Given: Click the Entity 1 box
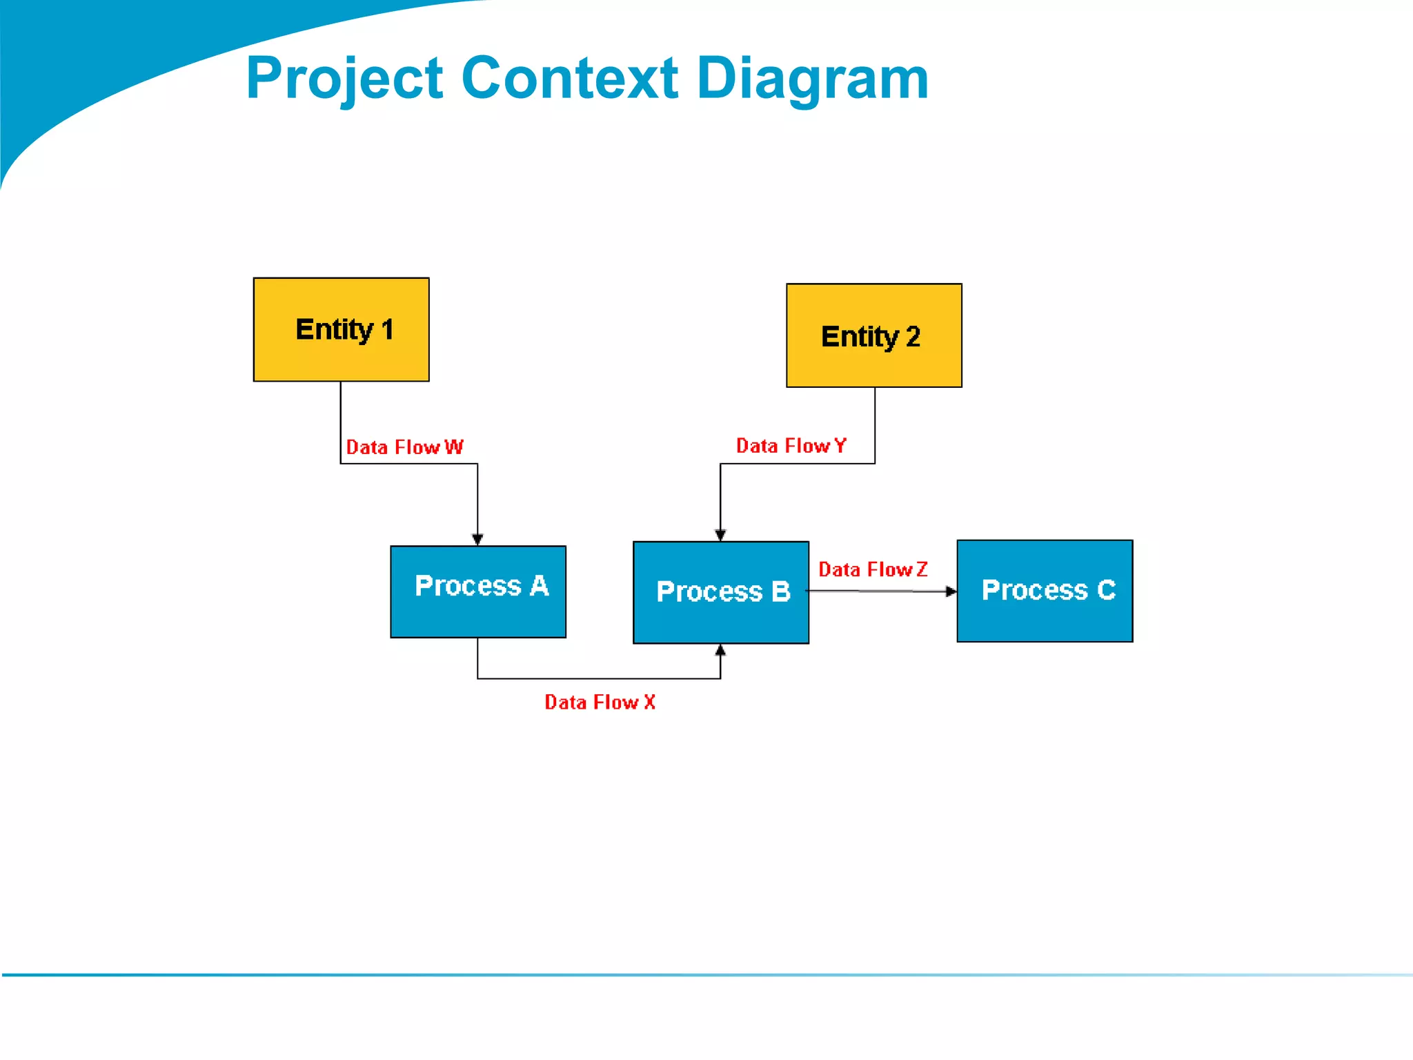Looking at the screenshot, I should click(x=341, y=329).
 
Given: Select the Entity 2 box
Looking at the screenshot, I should click(x=873, y=335).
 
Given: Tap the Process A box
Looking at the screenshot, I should click(x=477, y=591).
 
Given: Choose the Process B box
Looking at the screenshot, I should click(x=720, y=592).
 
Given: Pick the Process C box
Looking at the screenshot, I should click(x=1044, y=591).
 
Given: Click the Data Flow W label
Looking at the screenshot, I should click(x=404, y=447).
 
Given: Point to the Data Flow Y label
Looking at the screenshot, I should click(x=791, y=446).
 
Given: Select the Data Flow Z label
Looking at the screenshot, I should click(x=873, y=569).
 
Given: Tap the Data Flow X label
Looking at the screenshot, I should click(x=600, y=702).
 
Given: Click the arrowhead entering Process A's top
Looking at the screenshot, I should click(x=477, y=539).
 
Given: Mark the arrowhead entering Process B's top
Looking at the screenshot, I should click(x=720, y=535).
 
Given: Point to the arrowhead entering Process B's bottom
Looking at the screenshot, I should click(x=720, y=650).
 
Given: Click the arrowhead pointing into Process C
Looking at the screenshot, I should click(x=951, y=591).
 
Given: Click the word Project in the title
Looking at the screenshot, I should click(x=344, y=78).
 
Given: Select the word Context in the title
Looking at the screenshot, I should click(x=570, y=78).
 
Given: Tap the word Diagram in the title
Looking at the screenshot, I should click(x=813, y=78).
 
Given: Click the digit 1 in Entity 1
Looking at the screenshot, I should click(x=387, y=330).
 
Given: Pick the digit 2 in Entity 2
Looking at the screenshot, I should click(x=913, y=337).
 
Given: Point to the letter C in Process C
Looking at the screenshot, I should click(x=1106, y=590).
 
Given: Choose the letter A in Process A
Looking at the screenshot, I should click(x=540, y=586).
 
